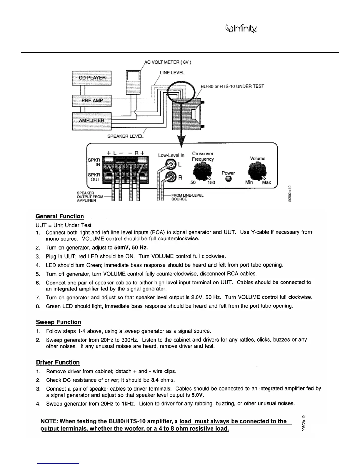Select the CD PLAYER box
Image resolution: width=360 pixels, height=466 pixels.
coord(92,78)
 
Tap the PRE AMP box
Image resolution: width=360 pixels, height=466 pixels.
coord(92,101)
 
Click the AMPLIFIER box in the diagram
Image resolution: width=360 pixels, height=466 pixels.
coord(92,121)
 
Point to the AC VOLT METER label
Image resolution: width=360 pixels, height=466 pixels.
coord(168,62)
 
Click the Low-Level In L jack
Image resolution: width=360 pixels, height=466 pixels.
coord(171,164)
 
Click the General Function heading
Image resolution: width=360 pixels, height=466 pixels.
coord(60,217)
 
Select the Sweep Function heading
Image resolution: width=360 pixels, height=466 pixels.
coord(58,322)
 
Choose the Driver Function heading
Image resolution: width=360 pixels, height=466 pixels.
coord(58,362)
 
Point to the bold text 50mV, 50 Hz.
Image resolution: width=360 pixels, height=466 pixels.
coord(131,247)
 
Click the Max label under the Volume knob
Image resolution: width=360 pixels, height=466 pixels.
coord(266,182)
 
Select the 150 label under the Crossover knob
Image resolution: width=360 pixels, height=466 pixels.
coord(211,182)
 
